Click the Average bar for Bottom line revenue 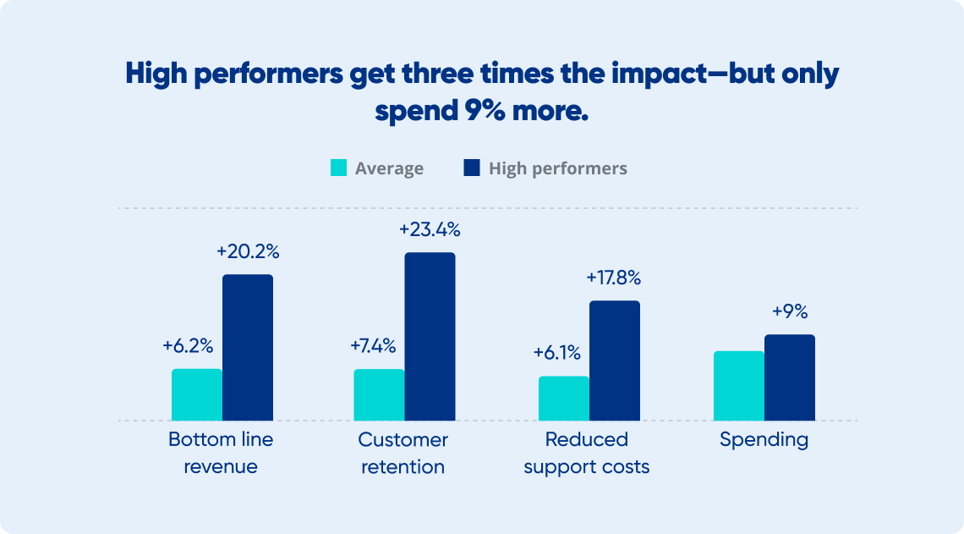coord(197,395)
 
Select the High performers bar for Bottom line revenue coord(248,348)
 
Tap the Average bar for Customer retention coord(379,395)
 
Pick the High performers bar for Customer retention coord(430,337)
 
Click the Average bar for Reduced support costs coord(564,399)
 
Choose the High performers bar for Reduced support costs coord(615,361)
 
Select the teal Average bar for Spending coord(739,386)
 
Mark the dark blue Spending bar coord(790,377)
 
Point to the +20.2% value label coord(248,251)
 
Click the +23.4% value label coord(430,229)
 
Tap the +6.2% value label coord(188,346)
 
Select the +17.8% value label coord(614,278)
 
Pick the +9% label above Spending coord(790,311)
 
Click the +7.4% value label coord(373,346)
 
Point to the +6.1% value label coord(556,353)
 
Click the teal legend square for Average coord(338,168)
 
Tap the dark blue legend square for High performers coord(472,168)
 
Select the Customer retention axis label coord(403,454)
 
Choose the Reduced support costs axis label coord(587,454)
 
